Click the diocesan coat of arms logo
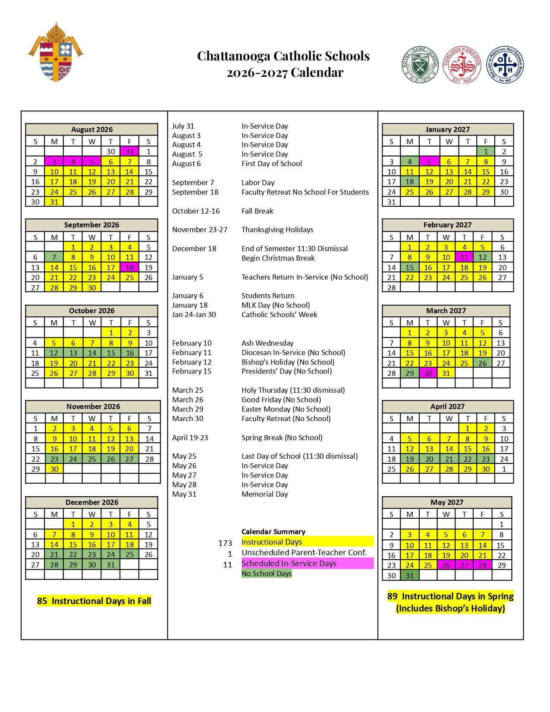click(x=56, y=52)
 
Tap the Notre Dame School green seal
click(x=420, y=65)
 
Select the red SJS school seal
click(x=462, y=65)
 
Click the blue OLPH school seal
click(x=505, y=65)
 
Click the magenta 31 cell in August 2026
click(x=129, y=151)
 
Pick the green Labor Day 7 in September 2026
click(x=54, y=257)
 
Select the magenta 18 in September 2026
click(x=129, y=268)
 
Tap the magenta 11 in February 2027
click(x=464, y=257)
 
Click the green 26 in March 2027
click(x=482, y=363)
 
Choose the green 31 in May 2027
click(x=409, y=575)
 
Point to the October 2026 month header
click(x=91, y=311)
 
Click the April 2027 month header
click(x=447, y=406)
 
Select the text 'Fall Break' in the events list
click(x=257, y=211)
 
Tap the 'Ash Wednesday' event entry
click(x=267, y=343)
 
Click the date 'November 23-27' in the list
click(x=200, y=230)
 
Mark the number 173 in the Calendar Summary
click(x=225, y=543)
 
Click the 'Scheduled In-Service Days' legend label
click(x=289, y=563)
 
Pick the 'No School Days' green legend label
click(x=267, y=573)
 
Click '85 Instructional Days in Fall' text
click(x=94, y=601)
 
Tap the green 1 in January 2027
click(x=486, y=151)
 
